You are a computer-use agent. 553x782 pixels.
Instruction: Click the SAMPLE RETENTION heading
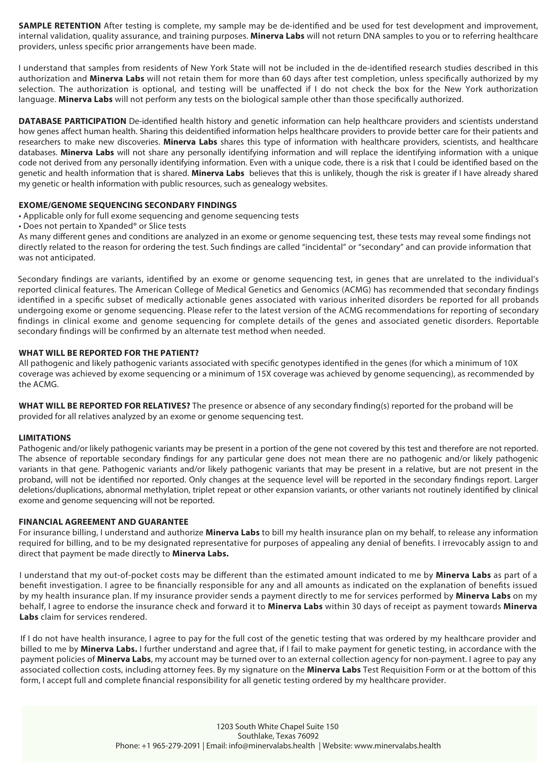(59, 26)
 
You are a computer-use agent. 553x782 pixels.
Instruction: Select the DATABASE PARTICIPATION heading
(72, 121)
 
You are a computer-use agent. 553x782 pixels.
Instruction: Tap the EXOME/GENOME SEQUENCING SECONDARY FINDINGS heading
(127, 205)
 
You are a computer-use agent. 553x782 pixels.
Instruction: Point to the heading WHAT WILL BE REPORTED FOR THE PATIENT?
(109, 353)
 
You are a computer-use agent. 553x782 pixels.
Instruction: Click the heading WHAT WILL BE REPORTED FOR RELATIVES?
(104, 406)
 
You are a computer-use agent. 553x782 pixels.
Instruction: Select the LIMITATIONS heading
(45, 438)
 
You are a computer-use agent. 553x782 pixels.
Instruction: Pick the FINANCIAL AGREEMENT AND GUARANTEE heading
(104, 522)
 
